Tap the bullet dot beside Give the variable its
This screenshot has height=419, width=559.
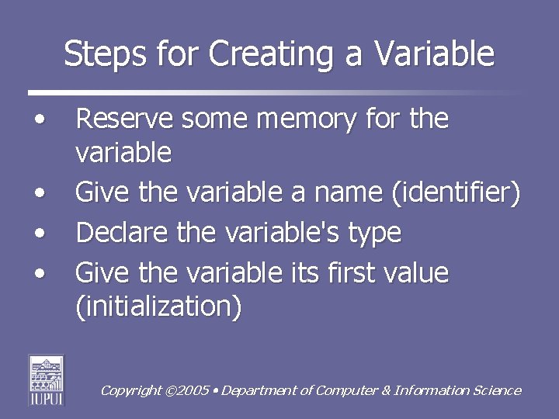tap(39, 273)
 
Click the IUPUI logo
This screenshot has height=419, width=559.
tap(47, 379)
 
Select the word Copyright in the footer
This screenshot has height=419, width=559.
tap(131, 391)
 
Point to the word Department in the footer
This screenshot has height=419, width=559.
tap(260, 391)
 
